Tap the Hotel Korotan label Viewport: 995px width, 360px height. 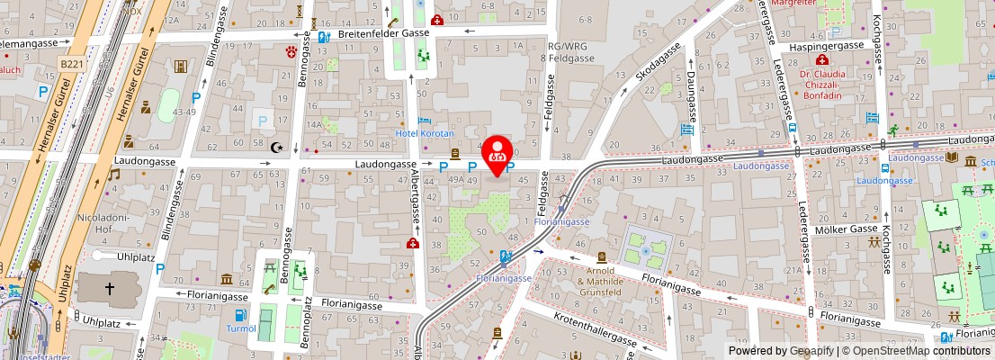click(x=425, y=133)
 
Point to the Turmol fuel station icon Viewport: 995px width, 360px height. click(x=240, y=315)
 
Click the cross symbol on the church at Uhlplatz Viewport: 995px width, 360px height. click(x=110, y=289)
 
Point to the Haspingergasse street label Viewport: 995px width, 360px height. click(x=825, y=47)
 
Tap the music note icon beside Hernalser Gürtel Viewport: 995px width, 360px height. click(x=114, y=174)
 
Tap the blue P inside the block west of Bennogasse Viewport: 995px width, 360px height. click(x=263, y=119)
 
